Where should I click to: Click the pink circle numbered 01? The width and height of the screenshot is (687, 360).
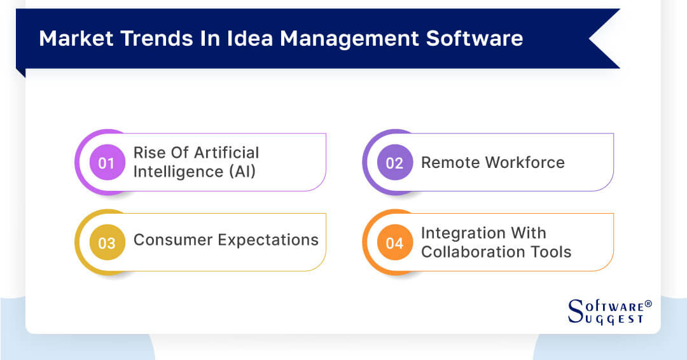106,163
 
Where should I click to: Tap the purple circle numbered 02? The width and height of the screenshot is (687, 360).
394,163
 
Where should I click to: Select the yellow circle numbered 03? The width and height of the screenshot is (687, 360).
106,243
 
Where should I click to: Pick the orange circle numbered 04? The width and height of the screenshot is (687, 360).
394,243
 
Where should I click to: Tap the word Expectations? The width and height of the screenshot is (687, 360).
268,240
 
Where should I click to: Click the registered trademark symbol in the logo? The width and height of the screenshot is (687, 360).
648,304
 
